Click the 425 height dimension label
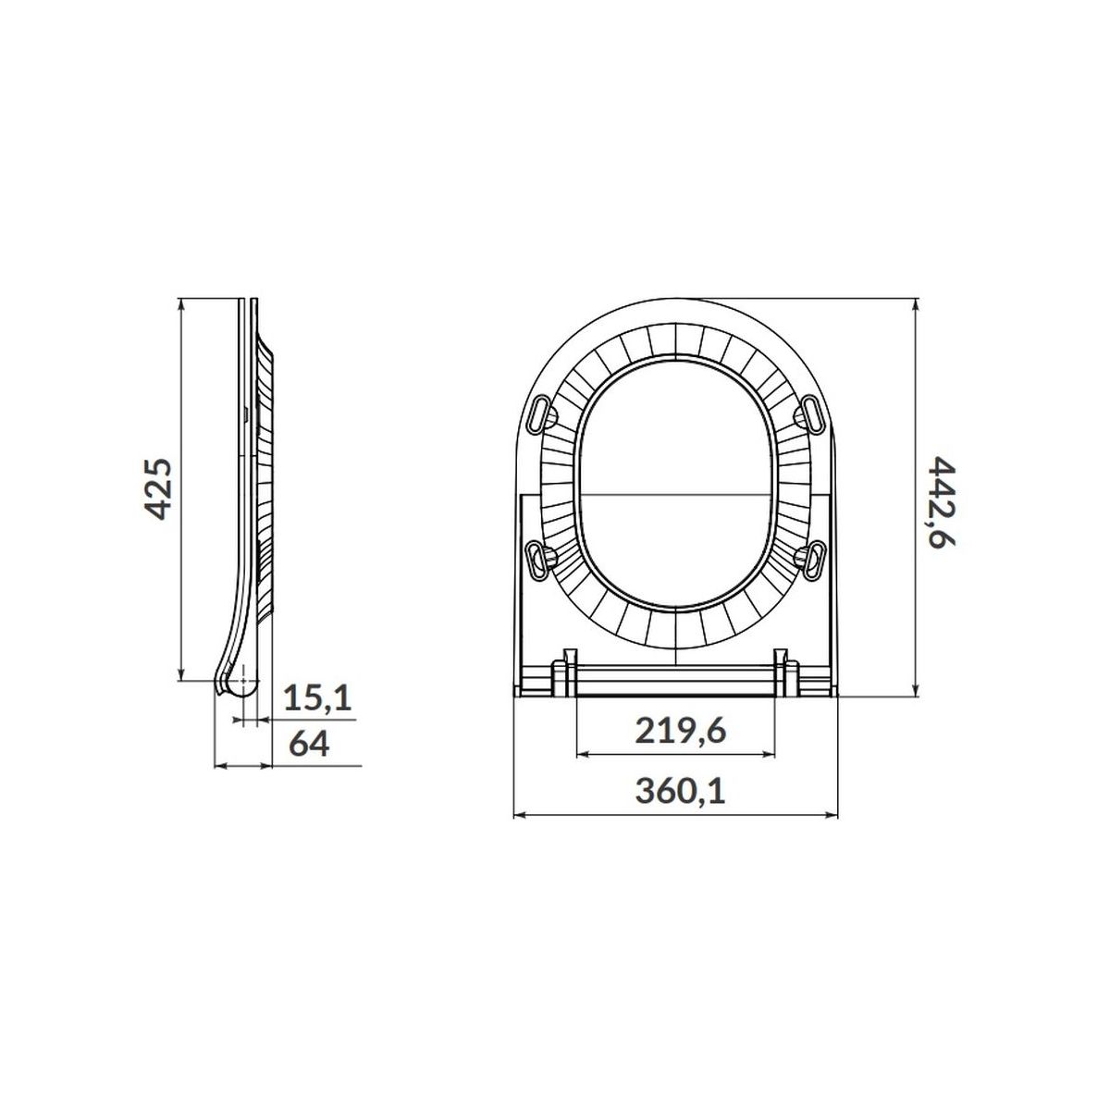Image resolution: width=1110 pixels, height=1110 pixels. click(156, 489)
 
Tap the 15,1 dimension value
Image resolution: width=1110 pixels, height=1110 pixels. click(317, 698)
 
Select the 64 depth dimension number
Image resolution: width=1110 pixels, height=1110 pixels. click(309, 744)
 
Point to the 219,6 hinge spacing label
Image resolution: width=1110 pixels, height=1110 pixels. click(680, 732)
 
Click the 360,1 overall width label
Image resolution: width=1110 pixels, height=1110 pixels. click(680, 791)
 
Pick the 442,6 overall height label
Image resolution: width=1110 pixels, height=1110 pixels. click(943, 503)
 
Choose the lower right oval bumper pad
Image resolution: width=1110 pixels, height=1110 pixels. click(814, 560)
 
